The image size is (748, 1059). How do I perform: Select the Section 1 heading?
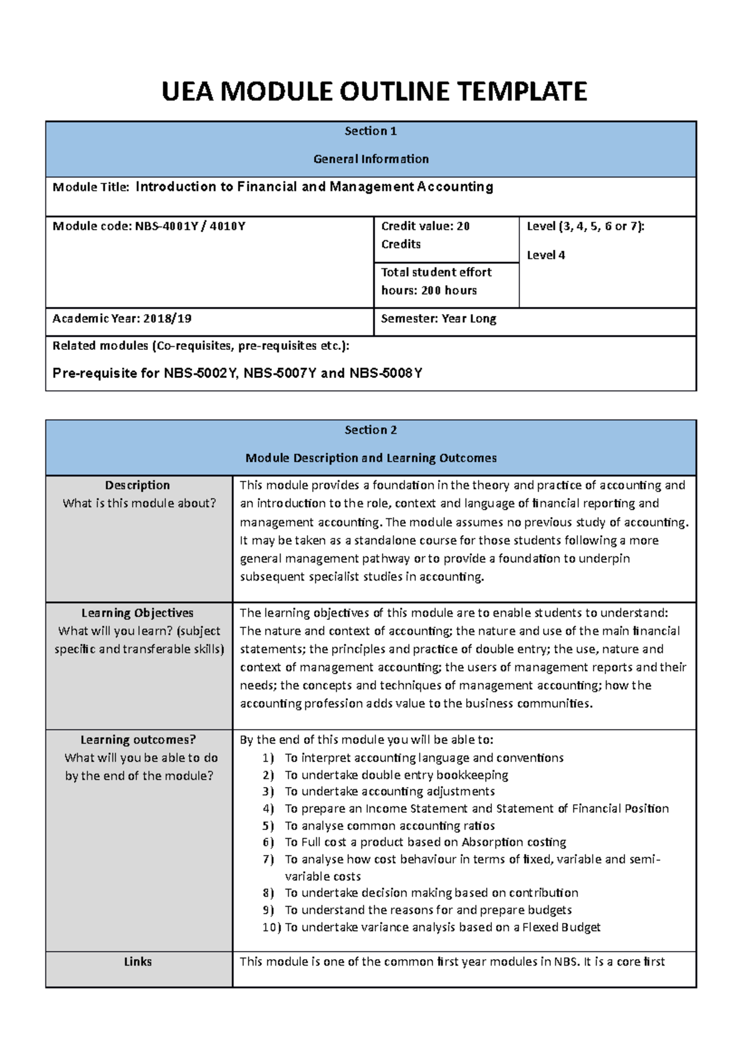370,131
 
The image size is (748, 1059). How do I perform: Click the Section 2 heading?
370,430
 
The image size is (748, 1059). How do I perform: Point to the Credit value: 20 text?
425,226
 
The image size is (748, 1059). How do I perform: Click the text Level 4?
545,255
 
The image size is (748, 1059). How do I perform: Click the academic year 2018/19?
167,319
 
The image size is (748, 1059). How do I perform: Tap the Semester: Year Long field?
438,319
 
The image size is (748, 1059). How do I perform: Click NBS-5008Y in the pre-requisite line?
385,374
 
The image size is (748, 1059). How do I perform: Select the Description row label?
137,485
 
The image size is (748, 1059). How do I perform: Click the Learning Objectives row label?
137,613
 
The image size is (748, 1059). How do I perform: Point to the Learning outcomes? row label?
138,740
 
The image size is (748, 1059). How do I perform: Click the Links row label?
138,962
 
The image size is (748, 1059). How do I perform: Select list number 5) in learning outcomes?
268,826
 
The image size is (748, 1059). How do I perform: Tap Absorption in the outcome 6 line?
492,843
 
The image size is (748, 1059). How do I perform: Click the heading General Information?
370,159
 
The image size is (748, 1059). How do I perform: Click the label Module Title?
91,187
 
